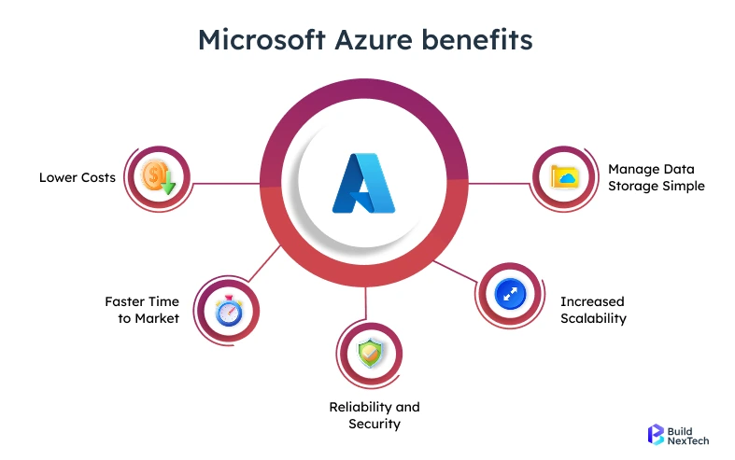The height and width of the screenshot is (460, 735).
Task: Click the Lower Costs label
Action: point(78,177)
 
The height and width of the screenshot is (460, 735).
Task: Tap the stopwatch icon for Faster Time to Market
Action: point(228,310)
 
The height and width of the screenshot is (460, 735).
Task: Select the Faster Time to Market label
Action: point(142,310)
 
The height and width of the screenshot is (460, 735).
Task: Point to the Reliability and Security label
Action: point(375,415)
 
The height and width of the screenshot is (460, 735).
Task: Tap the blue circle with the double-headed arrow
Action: point(510,294)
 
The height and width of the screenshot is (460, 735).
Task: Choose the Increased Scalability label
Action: point(592,310)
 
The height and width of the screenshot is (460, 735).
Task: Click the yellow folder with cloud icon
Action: point(565,176)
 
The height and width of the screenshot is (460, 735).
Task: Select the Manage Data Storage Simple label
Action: point(656,177)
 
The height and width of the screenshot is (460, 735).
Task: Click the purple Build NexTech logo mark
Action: point(656,434)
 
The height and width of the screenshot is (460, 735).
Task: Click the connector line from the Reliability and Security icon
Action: point(366,303)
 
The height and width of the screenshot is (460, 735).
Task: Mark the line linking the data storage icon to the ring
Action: point(500,183)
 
